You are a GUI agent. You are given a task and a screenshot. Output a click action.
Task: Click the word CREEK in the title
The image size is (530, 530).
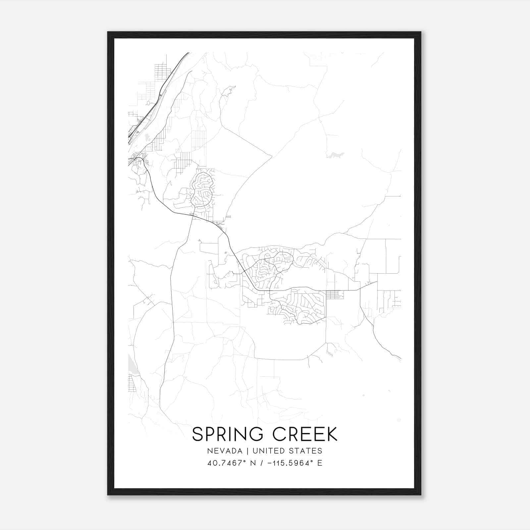(x=305, y=434)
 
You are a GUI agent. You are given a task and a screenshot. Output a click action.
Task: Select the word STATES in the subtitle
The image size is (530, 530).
(x=307, y=451)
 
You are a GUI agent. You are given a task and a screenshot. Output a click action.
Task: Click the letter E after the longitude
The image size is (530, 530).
(x=320, y=463)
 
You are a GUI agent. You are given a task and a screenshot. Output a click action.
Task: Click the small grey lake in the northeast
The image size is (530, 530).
(x=335, y=155)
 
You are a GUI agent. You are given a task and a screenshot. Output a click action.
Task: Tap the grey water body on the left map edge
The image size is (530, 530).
(x=131, y=366)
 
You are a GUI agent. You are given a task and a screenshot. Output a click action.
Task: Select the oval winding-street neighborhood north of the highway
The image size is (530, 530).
(x=202, y=189)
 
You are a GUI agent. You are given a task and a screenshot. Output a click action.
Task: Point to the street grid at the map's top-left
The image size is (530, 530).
(x=162, y=71)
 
